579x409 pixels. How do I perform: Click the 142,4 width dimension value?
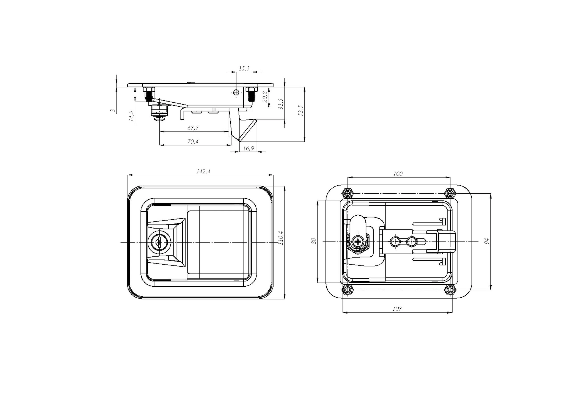(x=203, y=171)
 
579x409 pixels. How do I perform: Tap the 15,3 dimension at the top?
(x=244, y=68)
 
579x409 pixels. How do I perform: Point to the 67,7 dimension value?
(x=193, y=128)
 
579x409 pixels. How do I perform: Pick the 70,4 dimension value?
(x=193, y=142)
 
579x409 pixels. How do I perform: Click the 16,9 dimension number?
(x=248, y=148)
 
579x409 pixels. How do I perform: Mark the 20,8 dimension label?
(x=265, y=97)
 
